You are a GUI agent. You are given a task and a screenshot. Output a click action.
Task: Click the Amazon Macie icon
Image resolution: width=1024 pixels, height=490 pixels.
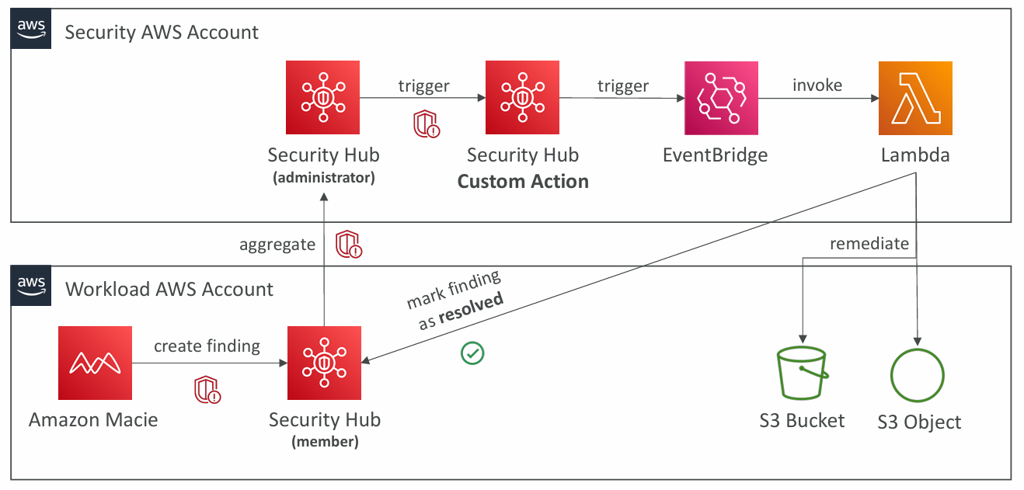tap(95, 363)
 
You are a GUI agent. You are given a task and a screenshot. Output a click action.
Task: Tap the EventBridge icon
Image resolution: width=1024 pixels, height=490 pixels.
tap(722, 99)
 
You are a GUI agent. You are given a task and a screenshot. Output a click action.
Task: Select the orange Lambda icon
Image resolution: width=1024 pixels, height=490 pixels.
tap(915, 99)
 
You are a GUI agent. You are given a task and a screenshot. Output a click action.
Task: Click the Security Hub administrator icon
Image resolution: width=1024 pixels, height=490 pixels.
tap(323, 99)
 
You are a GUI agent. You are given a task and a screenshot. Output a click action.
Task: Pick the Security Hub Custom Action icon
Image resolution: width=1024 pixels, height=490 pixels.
tap(522, 99)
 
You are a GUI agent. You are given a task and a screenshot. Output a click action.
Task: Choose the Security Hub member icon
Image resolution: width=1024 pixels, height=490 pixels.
tap(324, 363)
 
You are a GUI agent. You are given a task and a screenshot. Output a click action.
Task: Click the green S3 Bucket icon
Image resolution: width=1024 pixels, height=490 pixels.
tap(802, 374)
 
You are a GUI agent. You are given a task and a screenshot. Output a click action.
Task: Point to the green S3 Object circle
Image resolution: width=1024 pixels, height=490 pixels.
tap(918, 376)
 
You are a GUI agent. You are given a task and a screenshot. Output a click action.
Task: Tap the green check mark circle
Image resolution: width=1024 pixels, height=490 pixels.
tap(472, 353)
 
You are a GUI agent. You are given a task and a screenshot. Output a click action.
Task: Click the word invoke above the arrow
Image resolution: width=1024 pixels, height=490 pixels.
tap(817, 85)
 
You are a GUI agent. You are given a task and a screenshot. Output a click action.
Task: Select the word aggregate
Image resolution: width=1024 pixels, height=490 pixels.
tap(277, 245)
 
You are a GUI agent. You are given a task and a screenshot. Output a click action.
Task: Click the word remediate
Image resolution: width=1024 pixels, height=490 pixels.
tap(869, 244)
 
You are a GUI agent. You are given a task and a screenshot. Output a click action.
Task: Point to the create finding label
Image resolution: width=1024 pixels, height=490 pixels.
tap(207, 346)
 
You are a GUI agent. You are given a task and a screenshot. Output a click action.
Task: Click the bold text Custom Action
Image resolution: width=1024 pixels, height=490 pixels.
tap(523, 182)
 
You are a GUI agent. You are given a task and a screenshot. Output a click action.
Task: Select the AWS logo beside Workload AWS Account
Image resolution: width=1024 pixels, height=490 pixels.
tap(32, 287)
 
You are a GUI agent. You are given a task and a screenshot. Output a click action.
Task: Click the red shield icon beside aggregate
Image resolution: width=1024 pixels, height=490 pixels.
tap(349, 245)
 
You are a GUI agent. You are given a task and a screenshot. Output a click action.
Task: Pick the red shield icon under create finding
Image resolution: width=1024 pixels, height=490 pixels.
tap(207, 390)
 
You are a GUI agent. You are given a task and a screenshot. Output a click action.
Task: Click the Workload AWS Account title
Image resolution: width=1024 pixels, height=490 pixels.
tap(169, 290)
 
